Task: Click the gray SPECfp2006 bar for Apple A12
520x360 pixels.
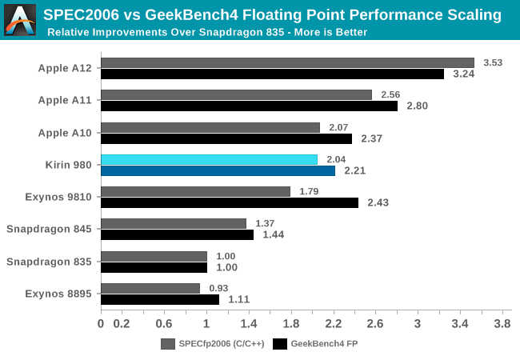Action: [287, 62]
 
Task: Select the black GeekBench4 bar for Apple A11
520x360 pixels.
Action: [249, 106]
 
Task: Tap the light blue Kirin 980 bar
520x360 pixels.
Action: [209, 159]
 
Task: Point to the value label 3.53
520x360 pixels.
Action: [493, 62]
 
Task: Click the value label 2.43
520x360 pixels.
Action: [378, 202]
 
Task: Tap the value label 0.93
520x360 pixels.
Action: [219, 288]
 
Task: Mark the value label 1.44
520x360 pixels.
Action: [273, 234]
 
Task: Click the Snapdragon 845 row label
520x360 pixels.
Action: [50, 229]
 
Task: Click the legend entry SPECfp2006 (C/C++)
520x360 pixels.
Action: [212, 344]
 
